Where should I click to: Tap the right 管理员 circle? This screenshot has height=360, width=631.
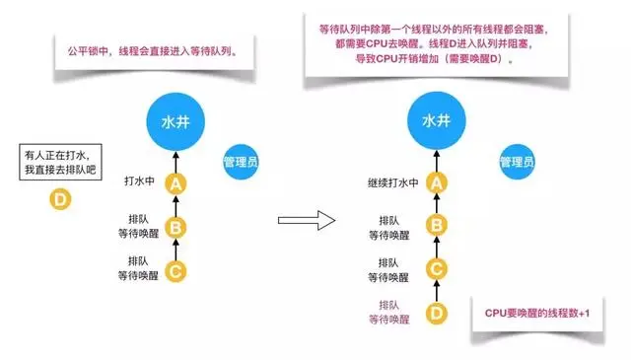(x=517, y=161)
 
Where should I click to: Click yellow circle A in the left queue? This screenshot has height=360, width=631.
(x=175, y=183)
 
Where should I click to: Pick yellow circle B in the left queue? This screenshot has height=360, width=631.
(x=175, y=226)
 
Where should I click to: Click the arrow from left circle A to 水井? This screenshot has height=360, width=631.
(x=175, y=159)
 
